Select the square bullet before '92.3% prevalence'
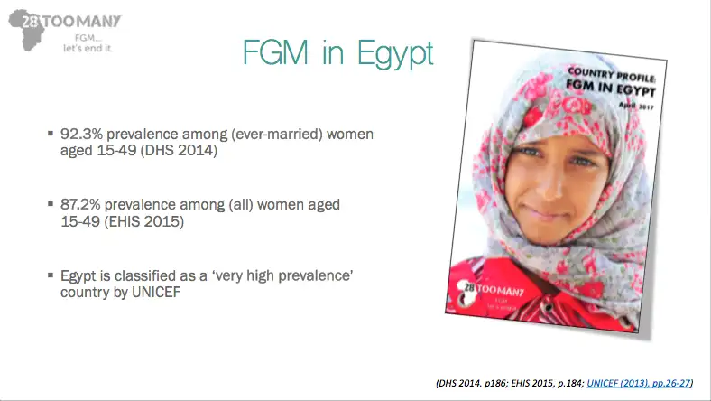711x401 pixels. click(x=51, y=134)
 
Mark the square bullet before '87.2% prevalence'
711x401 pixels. click(x=51, y=204)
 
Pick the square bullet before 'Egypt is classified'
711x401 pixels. click(x=51, y=275)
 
